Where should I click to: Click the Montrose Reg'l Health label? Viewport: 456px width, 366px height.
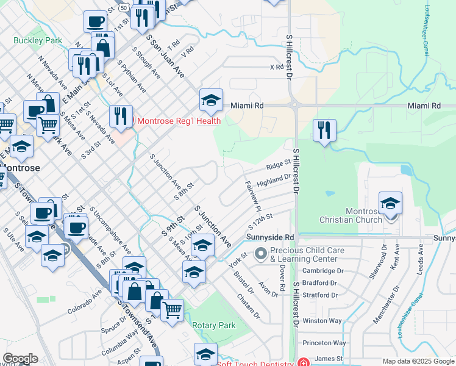(x=179, y=120)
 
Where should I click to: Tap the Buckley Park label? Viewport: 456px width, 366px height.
(x=38, y=40)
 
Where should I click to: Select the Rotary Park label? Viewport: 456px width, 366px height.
(x=214, y=325)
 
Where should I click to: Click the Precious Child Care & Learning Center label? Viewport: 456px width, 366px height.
(x=304, y=254)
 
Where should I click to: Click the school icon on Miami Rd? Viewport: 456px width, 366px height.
(x=211, y=101)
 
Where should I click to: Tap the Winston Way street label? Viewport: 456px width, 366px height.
(x=322, y=320)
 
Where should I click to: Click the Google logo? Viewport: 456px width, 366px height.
(x=20, y=359)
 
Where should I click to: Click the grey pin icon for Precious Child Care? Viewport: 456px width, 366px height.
(x=262, y=252)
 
